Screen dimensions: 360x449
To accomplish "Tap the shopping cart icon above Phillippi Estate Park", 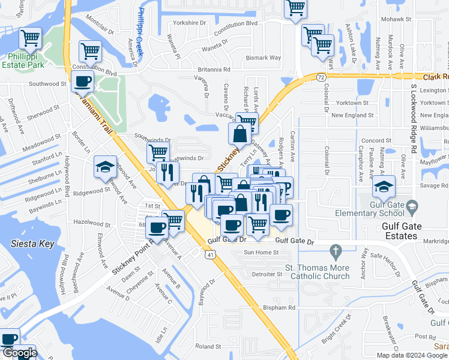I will (30, 38).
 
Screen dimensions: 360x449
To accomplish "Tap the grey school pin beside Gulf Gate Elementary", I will (412, 208).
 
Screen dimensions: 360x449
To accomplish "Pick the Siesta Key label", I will (33, 244).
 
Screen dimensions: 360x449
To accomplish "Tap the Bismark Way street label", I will (264, 58).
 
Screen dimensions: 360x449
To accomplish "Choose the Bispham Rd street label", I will (280, 308).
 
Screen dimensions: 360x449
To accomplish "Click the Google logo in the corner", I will (19, 353).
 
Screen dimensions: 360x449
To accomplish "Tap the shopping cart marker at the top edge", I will (295, 9).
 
